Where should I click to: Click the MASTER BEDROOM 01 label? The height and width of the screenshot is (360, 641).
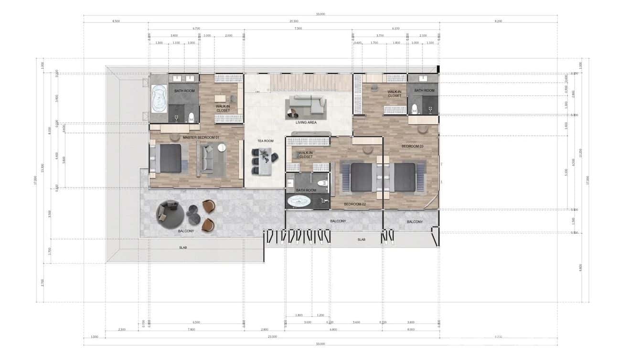(201, 138)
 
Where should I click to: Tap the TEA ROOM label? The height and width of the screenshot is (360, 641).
(265, 141)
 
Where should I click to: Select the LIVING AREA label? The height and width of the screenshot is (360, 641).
(306, 123)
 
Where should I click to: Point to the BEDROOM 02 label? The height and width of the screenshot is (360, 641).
(355, 204)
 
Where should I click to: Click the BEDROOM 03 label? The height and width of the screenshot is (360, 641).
(412, 146)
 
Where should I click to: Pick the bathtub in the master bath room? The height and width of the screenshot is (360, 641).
(158, 98)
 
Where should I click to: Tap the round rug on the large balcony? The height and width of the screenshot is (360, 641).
(170, 214)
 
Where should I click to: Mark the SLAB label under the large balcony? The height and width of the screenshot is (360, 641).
(183, 248)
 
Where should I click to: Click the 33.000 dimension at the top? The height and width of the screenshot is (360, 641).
(320, 14)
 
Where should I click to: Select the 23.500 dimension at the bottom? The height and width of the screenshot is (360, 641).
(272, 337)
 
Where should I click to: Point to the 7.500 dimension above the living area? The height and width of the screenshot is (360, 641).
(298, 29)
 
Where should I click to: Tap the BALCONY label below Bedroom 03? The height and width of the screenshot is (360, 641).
(415, 222)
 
